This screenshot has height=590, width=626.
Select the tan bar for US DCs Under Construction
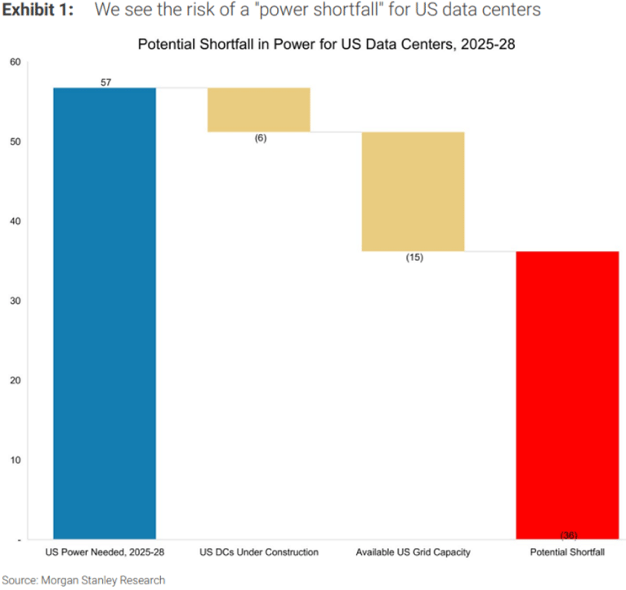click(x=259, y=110)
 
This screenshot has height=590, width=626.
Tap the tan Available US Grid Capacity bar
click(x=413, y=191)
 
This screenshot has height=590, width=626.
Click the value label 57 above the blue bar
click(x=106, y=83)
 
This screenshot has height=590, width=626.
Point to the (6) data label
click(x=260, y=138)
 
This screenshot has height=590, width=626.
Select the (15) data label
click(x=414, y=257)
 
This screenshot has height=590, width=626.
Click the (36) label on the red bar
click(x=569, y=534)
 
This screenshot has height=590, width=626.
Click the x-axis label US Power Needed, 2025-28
click(x=105, y=553)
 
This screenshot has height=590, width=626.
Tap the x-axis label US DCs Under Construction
click(x=259, y=553)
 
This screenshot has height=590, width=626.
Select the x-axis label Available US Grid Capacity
click(x=413, y=553)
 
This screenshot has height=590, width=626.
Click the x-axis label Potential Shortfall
click(x=567, y=553)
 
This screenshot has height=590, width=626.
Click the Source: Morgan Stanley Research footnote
click(x=83, y=580)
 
